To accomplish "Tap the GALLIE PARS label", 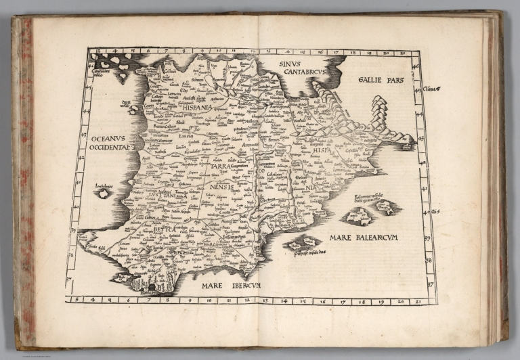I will [381, 80].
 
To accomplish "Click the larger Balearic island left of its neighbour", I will [358, 217].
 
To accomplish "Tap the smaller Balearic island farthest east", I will [389, 208].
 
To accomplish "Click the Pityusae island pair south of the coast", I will [302, 243].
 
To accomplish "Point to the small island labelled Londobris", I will [104, 193].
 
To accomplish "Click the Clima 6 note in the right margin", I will [432, 88].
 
